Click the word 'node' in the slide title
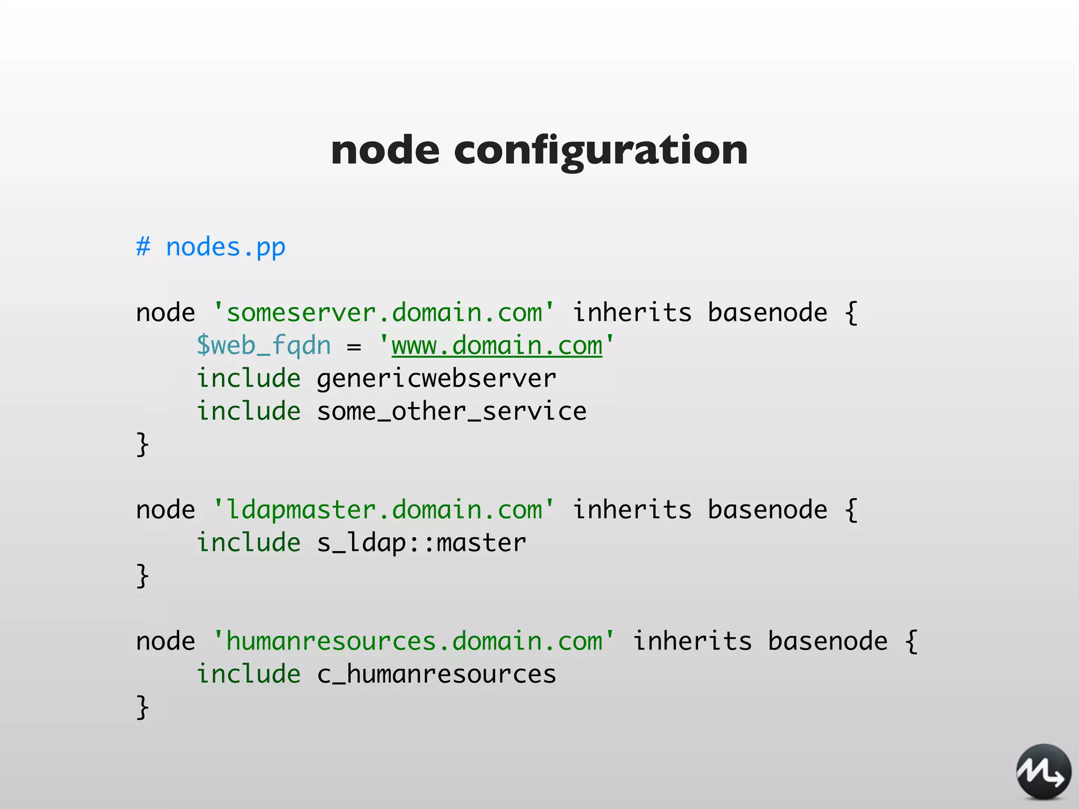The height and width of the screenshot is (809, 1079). coord(385,150)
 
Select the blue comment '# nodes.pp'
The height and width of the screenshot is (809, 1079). coord(211,247)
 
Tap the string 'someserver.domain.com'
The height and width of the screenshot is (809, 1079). coord(384,313)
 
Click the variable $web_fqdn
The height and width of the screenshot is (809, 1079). coord(263,346)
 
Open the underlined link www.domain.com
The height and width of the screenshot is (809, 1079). coord(497,346)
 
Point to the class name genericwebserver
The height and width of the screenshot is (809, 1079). coord(436,379)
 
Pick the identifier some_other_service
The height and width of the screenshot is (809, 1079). coord(452,411)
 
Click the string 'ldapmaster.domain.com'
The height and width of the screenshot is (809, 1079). coord(384,510)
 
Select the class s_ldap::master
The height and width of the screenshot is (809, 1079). coord(421,543)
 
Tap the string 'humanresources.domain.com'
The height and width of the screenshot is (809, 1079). coord(414,642)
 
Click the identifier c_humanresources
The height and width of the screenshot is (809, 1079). coord(436,675)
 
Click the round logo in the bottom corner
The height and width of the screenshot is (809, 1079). coord(1043,772)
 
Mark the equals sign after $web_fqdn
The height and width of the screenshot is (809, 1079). coord(354,347)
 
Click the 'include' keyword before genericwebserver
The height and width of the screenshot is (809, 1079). coord(248,379)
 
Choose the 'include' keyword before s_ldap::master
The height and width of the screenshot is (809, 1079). coord(248,543)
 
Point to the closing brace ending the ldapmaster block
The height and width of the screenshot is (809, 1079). coord(142,576)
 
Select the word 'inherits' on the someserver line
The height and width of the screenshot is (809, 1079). coord(632,313)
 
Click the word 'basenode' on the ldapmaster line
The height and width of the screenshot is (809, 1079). coord(767,510)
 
